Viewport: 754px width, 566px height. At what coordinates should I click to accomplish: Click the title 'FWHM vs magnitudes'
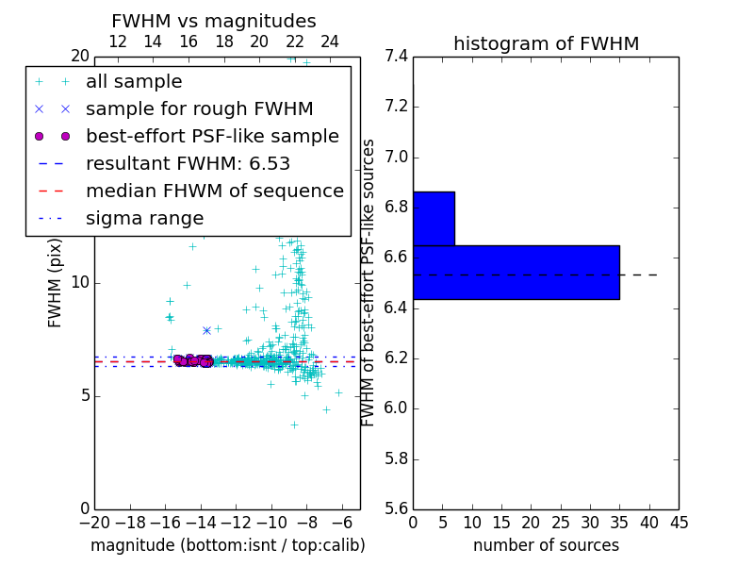213,21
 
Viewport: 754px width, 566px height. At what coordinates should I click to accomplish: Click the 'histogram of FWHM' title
546,43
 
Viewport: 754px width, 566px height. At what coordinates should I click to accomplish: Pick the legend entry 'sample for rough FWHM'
199,108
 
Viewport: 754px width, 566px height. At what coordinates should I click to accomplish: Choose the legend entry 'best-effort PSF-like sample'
212,136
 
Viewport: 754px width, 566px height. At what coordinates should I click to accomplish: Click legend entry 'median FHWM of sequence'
214,191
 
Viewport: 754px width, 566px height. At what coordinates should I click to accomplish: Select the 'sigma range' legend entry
144,218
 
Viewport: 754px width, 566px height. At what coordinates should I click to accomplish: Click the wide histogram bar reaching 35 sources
516,272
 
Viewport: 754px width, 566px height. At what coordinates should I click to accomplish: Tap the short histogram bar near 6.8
434,218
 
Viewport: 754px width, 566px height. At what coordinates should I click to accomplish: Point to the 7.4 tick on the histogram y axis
397,57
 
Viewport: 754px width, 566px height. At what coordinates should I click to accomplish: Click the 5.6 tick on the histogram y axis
397,509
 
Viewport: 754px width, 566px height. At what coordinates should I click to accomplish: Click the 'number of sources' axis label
546,545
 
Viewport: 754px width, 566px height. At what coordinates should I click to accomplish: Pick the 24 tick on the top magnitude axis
330,42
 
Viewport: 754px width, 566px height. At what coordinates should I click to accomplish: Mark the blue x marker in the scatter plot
206,330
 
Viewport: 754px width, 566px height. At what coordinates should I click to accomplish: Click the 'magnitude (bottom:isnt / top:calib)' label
227,545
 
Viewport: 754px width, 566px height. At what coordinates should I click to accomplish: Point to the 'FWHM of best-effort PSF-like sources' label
369,283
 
